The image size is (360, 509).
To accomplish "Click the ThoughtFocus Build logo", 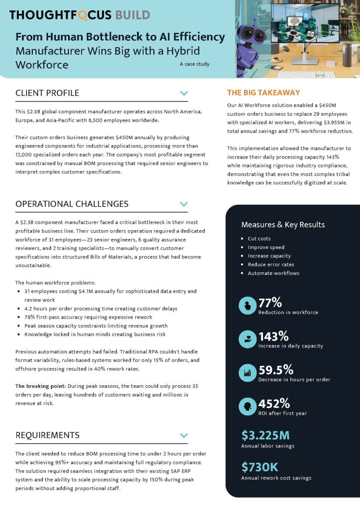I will click(x=80, y=15).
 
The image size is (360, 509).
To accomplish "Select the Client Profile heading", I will click(x=47, y=93).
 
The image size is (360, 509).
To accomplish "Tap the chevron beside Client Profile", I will click(x=183, y=93).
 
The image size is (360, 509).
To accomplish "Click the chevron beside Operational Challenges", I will click(x=183, y=204).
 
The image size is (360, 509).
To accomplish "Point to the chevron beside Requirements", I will click(x=183, y=435).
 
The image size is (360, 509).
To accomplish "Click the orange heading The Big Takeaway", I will click(x=264, y=92).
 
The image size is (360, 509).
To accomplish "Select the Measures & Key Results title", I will click(x=283, y=225).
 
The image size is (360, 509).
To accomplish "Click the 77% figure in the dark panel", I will click(x=270, y=303).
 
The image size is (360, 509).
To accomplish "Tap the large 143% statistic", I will click(x=273, y=336).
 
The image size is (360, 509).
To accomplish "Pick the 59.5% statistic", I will click(x=276, y=370).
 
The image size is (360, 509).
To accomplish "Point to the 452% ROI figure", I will click(x=274, y=403).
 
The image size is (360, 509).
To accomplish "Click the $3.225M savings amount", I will click(x=266, y=435).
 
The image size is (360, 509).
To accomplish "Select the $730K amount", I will click(x=260, y=467).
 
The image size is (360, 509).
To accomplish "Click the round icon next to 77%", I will click(x=248, y=306).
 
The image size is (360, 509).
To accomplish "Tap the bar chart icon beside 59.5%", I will click(x=248, y=373).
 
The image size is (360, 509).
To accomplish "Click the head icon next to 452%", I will click(x=248, y=406).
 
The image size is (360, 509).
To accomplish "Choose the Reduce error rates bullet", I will click(x=271, y=264).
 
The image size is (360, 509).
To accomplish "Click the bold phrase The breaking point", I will click(x=36, y=386).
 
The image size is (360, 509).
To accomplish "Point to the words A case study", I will click(x=194, y=64).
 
